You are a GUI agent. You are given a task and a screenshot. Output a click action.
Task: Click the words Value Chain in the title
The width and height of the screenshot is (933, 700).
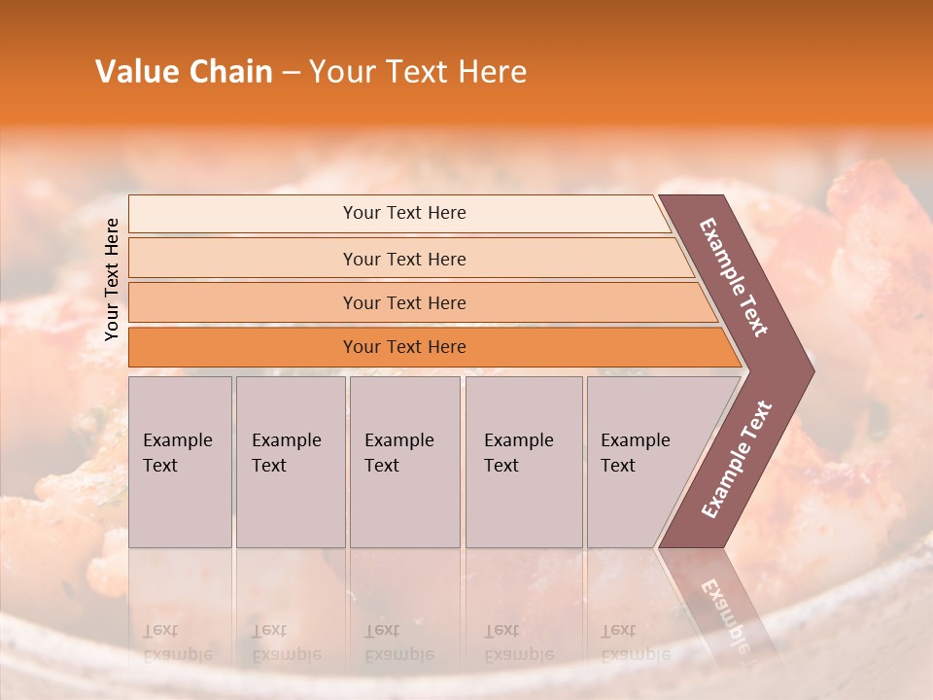pyautogui.click(x=184, y=72)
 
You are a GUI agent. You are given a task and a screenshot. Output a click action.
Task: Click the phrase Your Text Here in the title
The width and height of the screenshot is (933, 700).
pyautogui.click(x=418, y=72)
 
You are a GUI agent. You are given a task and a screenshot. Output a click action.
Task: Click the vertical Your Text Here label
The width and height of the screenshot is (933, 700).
pyautogui.click(x=112, y=280)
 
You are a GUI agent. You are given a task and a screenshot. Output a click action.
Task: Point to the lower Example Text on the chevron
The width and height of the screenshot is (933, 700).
pyautogui.click(x=736, y=460)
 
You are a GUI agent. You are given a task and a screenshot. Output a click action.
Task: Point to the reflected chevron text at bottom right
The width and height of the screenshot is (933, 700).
pyautogui.click(x=725, y=612)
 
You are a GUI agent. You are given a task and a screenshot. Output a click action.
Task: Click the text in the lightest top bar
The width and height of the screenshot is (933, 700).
pyautogui.click(x=404, y=213)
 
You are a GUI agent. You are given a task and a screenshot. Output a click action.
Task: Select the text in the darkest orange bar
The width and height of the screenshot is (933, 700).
pyautogui.click(x=404, y=347)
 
